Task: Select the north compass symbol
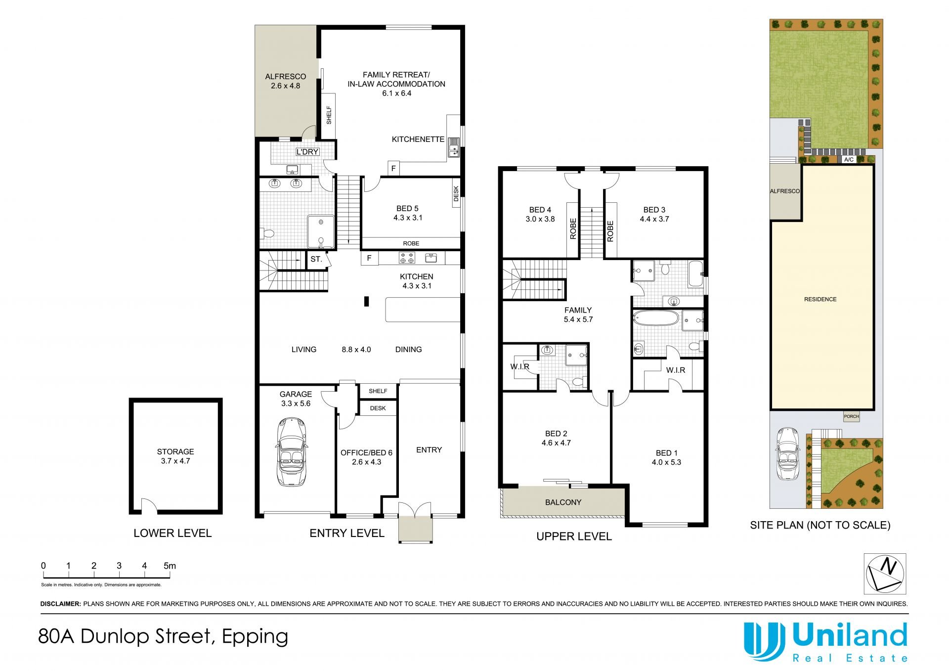(885, 573)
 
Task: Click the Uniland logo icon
(764, 641)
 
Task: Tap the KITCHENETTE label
(418, 139)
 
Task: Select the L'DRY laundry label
(307, 152)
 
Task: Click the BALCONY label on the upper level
(563, 502)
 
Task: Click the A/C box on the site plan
(849, 160)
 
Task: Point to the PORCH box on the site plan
(851, 416)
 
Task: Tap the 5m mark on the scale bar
(170, 566)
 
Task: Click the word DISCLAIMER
(60, 604)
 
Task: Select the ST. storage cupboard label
(316, 259)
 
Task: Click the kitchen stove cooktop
(407, 258)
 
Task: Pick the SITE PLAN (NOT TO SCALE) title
(820, 525)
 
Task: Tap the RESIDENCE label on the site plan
(820, 299)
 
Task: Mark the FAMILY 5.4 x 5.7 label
(578, 314)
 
